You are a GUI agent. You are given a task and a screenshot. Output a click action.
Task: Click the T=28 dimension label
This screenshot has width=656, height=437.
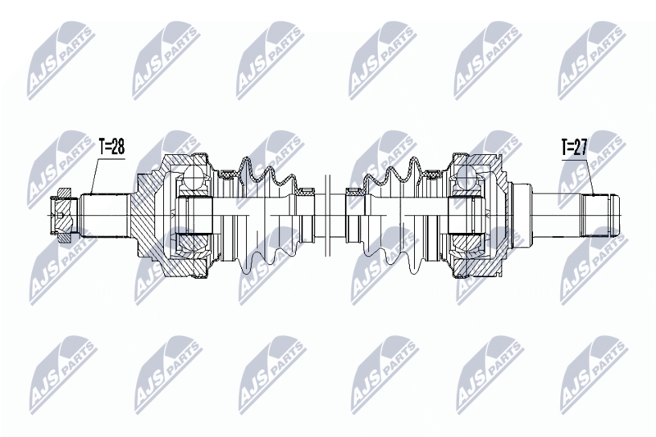112,147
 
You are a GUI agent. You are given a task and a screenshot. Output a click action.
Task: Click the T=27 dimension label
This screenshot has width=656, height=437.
575,148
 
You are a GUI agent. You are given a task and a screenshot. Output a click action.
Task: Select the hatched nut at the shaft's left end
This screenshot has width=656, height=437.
62,216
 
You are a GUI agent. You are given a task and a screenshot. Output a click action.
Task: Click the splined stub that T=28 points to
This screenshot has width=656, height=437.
105,215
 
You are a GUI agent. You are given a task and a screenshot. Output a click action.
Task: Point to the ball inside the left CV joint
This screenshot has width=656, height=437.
194,175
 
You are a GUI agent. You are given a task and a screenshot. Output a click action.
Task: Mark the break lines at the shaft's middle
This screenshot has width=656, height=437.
327,216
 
